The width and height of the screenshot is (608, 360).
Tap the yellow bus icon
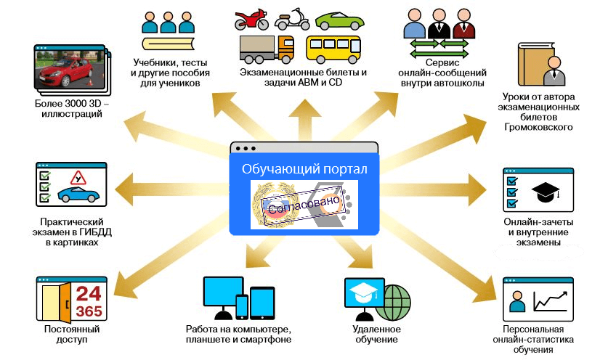tap(333, 49)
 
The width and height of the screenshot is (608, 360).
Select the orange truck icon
tap(267, 48)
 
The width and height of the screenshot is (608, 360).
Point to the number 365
tap(89, 311)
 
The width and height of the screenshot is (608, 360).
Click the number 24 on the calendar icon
tap(89, 294)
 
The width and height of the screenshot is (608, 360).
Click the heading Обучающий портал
tap(304, 169)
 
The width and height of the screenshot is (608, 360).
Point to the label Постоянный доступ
tap(71, 334)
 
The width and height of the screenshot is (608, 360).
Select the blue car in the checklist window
tap(77, 194)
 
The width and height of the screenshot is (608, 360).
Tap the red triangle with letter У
tap(73, 177)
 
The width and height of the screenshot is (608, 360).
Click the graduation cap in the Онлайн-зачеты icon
tap(546, 191)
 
